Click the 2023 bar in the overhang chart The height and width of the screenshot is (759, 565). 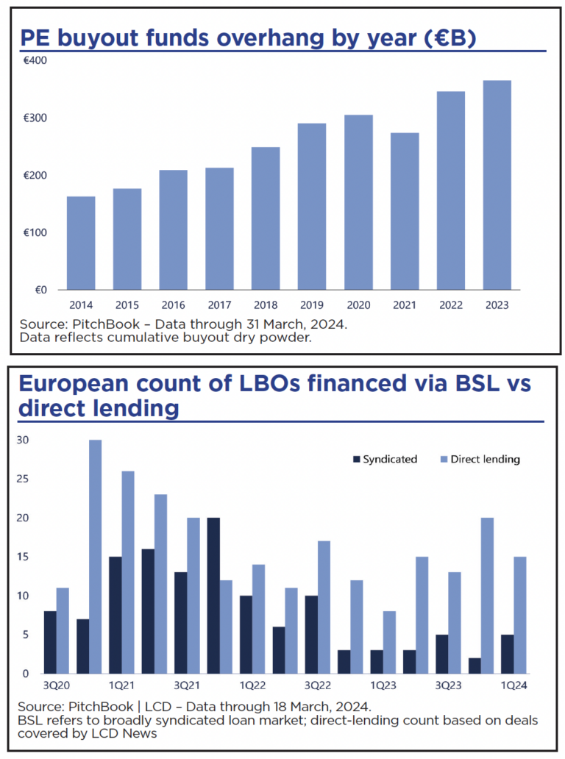(497, 185)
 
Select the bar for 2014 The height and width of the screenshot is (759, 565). (81, 243)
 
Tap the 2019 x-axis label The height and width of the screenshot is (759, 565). (312, 304)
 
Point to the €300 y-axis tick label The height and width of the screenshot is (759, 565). (35, 118)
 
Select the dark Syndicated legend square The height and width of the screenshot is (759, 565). (357, 459)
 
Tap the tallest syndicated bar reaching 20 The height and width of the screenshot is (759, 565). (214, 595)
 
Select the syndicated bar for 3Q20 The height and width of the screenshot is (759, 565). (49, 642)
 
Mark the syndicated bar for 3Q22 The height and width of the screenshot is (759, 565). (311, 634)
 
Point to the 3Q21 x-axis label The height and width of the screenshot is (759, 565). (188, 684)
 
